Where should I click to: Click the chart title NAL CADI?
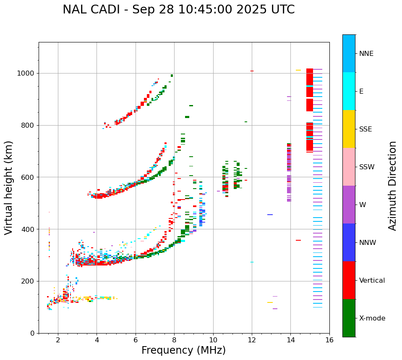[178, 10]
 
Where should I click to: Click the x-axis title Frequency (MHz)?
[183, 350]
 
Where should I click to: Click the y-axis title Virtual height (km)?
[9, 188]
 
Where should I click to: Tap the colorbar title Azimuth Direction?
[392, 186]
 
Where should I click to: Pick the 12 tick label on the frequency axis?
[252, 340]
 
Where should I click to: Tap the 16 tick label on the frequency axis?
[329, 340]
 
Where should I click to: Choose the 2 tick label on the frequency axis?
[58, 340]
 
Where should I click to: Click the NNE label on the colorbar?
[366, 54]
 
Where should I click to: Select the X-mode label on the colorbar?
[372, 318]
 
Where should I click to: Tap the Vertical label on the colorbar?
[372, 281]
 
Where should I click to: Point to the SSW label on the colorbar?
[367, 167]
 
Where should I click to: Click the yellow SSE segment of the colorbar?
[349, 129]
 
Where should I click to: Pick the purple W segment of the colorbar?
[349, 205]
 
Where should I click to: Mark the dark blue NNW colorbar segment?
[349, 242]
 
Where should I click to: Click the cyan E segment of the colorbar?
[349, 91]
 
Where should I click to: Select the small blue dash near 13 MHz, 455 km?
[270, 215]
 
